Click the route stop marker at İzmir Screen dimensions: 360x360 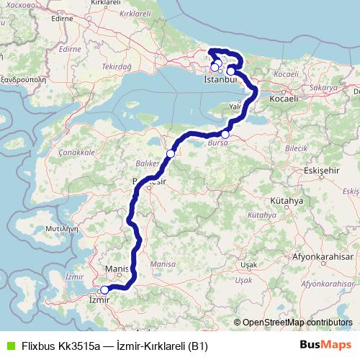(104, 290)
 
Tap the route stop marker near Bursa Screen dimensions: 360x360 (225, 135)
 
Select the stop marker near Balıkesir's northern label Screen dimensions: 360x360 (171, 153)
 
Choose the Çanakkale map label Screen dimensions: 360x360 (77, 153)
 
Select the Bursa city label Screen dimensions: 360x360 (217, 144)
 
